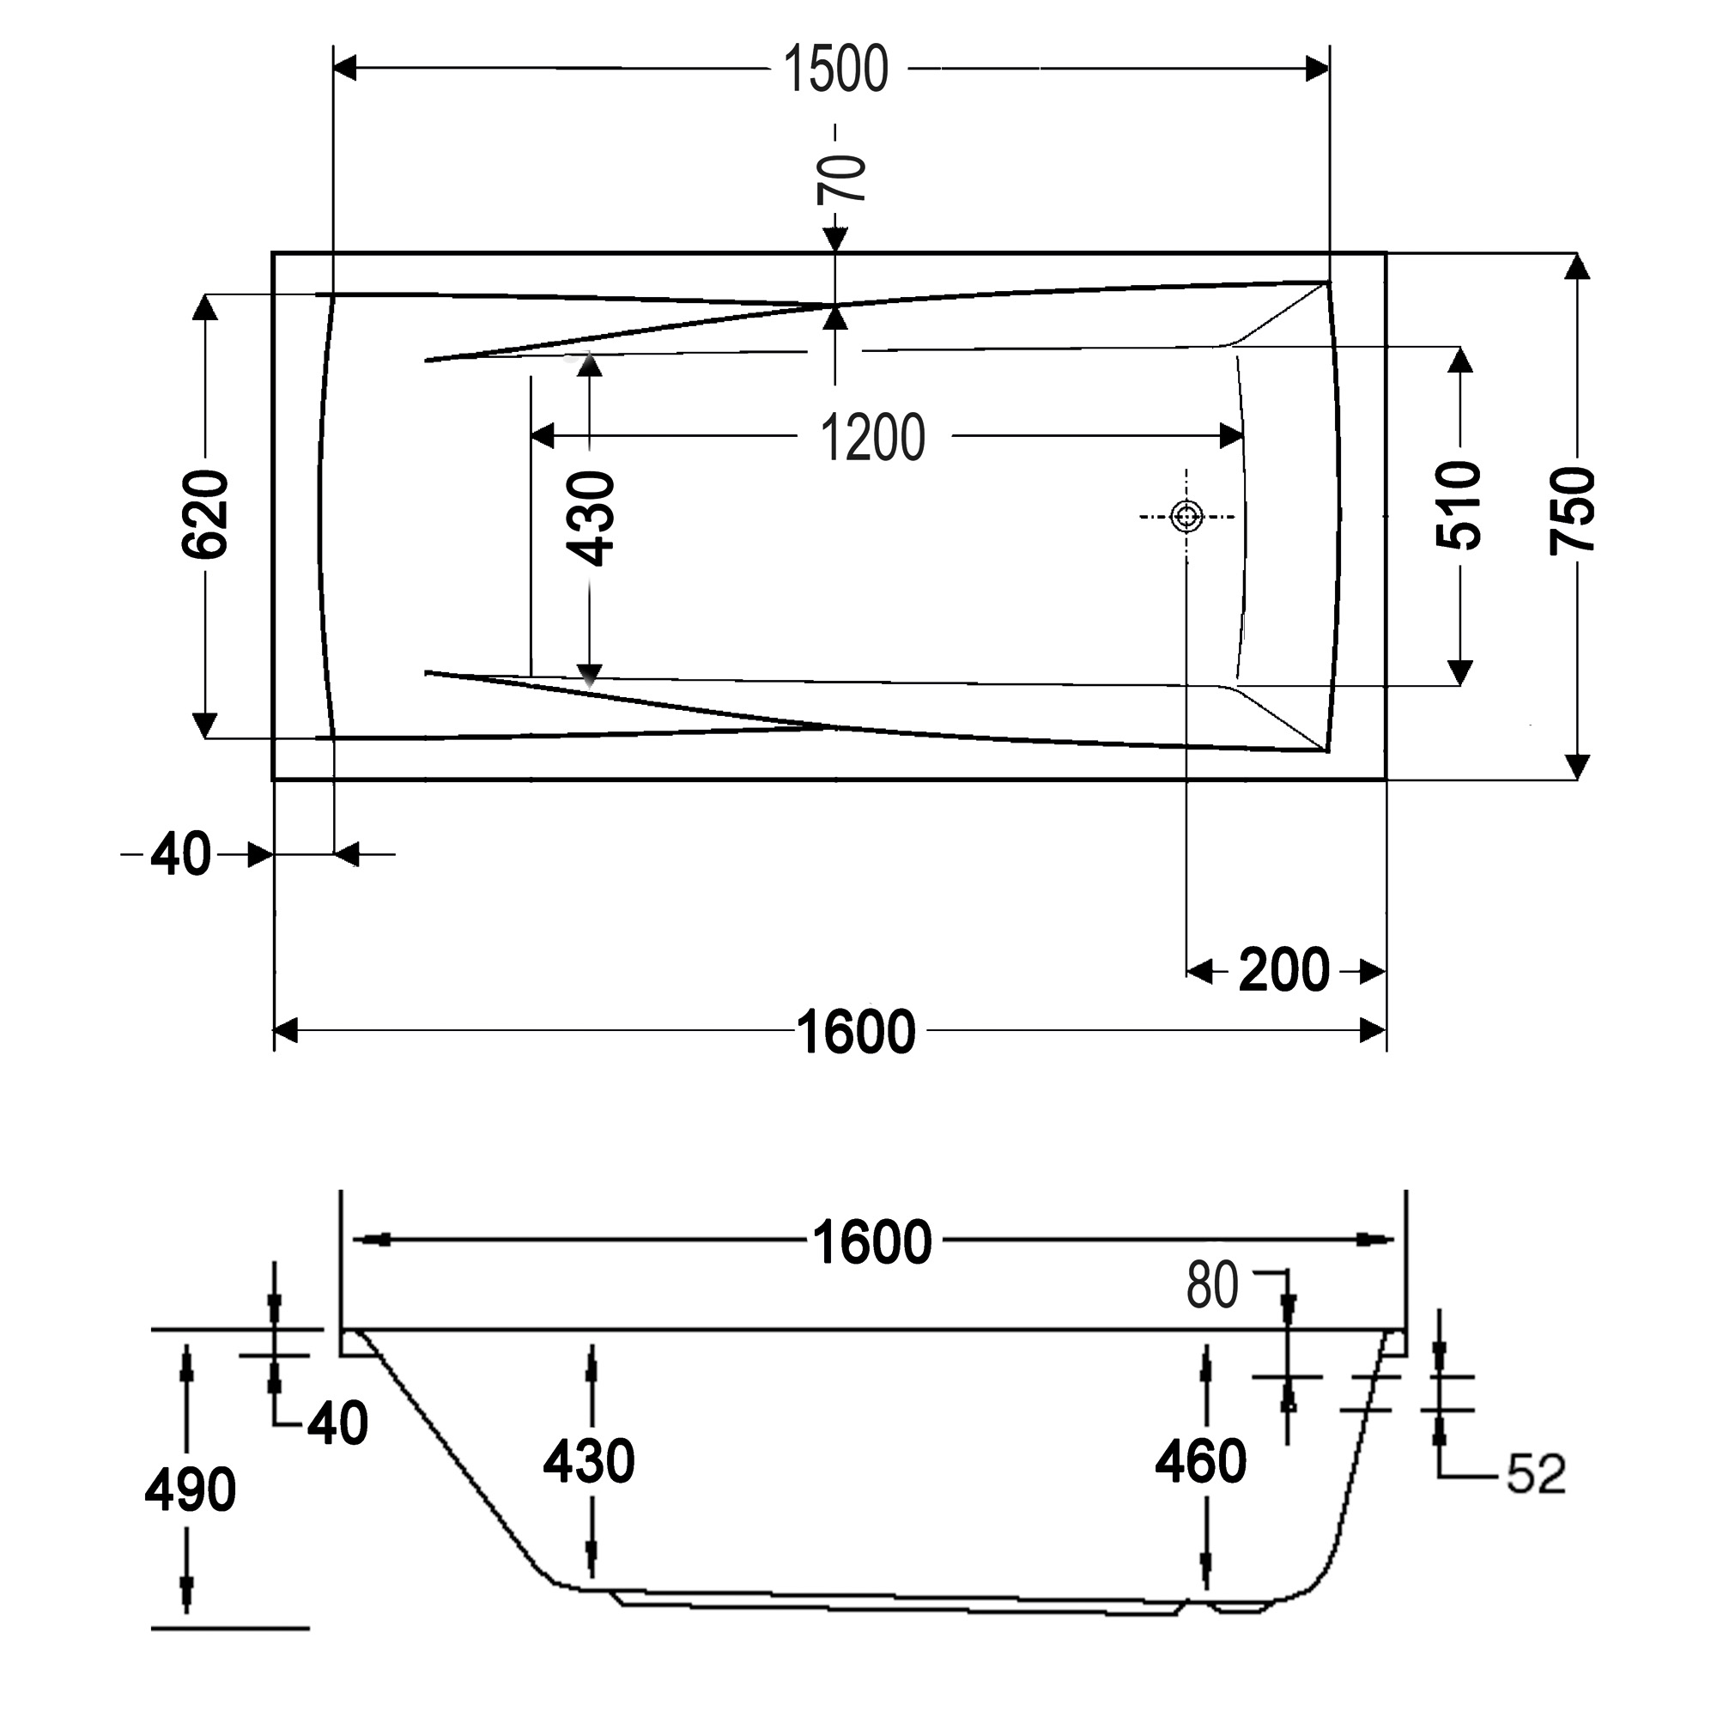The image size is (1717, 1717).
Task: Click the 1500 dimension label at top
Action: pos(835,70)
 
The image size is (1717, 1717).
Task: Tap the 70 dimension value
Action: pos(840,178)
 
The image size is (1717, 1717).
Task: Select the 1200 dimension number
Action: pos(872,438)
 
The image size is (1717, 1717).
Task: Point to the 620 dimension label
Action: pos(205,514)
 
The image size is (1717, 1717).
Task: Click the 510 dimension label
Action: pos(1459,505)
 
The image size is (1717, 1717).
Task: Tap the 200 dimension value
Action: pos(1283,970)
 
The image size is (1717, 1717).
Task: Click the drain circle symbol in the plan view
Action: pos(1187,515)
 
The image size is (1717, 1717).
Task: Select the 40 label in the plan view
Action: pos(180,855)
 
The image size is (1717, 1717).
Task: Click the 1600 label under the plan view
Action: pos(855,1033)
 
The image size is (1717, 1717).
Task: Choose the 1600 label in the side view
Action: pos(872,1242)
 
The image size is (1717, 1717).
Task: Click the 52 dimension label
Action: pos(1536,1473)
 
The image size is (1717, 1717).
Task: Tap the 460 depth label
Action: pos(1201,1461)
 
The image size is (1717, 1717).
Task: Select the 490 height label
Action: pos(191,1489)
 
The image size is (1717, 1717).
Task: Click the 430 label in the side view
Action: pos(589,1461)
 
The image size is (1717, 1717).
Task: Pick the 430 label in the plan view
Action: pos(591,519)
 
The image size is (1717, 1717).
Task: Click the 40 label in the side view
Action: pos(337,1423)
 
